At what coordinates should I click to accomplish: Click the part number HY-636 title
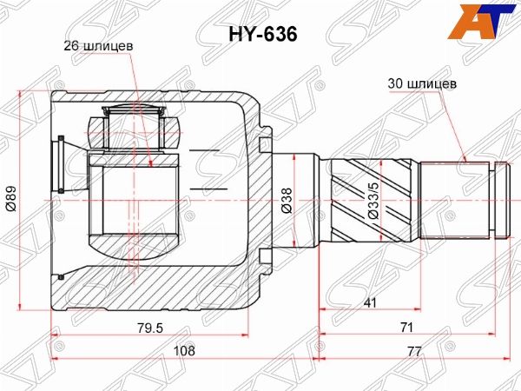(262, 34)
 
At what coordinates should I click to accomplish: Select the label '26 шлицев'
(98, 46)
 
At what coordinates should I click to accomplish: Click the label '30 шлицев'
(422, 83)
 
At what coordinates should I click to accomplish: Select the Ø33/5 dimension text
(373, 201)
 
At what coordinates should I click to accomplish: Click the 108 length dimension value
(185, 350)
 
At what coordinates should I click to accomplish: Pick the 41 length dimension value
(370, 302)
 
